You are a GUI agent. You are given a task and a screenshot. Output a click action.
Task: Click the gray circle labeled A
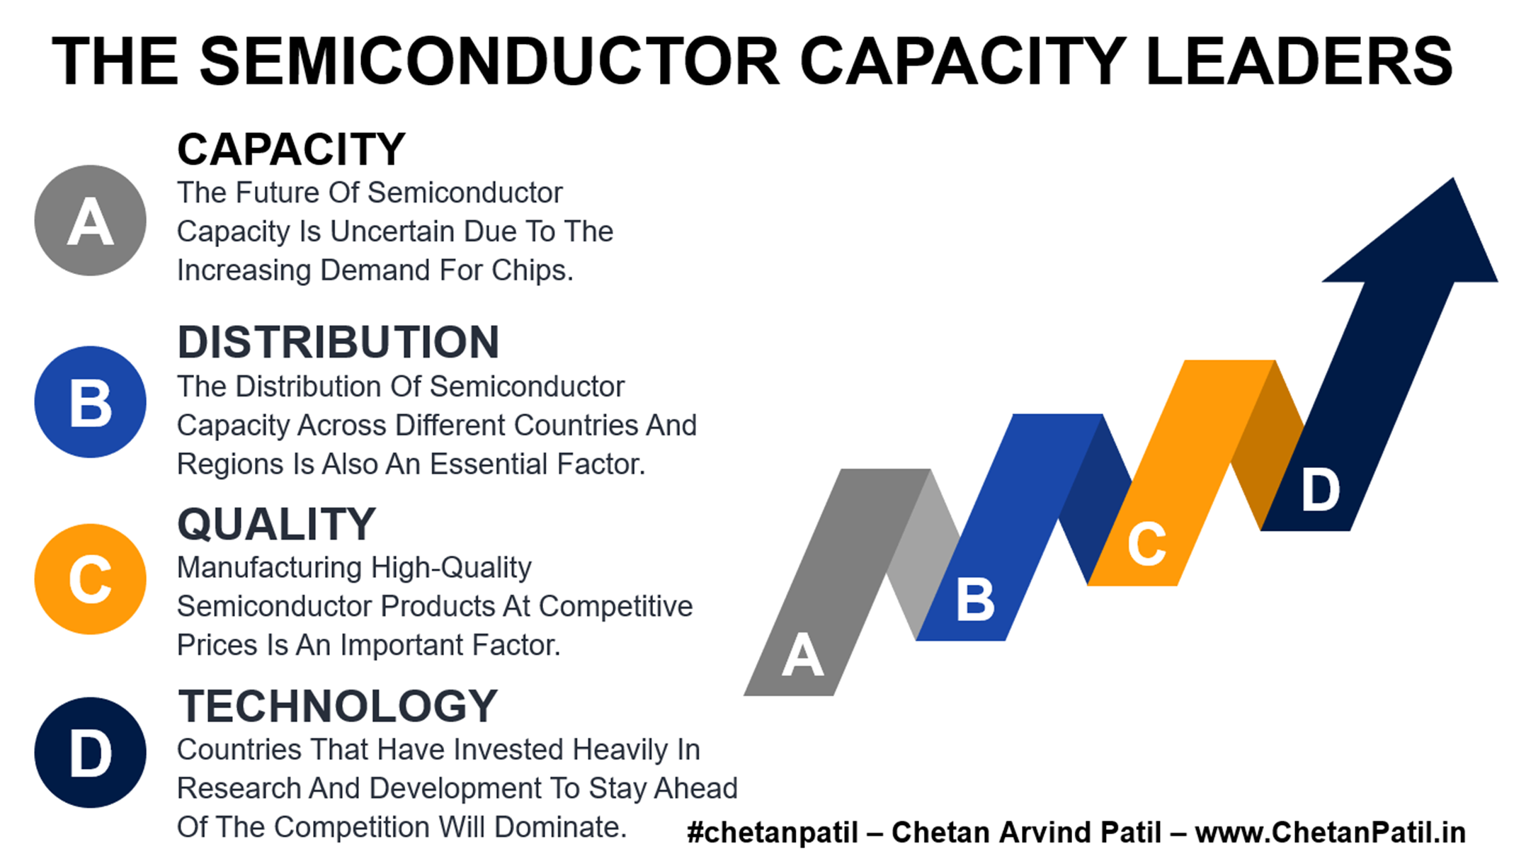pyautogui.click(x=91, y=220)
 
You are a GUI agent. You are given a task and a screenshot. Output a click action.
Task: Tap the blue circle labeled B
pyautogui.click(x=91, y=401)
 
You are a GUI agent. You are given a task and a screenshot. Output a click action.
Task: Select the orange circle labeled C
pyautogui.click(x=91, y=578)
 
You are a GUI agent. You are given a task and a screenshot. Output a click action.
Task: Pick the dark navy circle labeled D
pyautogui.click(x=91, y=752)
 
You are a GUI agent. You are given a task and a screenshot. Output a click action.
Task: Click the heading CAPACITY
pyautogui.click(x=291, y=149)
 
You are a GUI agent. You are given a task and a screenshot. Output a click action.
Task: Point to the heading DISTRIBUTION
pyautogui.click(x=338, y=342)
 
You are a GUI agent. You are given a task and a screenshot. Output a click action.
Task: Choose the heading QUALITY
pyautogui.click(x=276, y=524)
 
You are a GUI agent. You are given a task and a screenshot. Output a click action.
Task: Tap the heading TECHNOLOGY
pyautogui.click(x=338, y=706)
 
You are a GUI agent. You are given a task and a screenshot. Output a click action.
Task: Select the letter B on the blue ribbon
pyautogui.click(x=975, y=599)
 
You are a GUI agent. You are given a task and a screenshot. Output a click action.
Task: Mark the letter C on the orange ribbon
pyautogui.click(x=1146, y=544)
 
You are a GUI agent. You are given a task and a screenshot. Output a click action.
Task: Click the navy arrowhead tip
pyautogui.click(x=1454, y=178)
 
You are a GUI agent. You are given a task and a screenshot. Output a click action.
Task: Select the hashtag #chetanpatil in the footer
pyautogui.click(x=773, y=833)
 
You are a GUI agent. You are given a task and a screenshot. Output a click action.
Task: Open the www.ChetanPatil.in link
pyautogui.click(x=1330, y=833)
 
